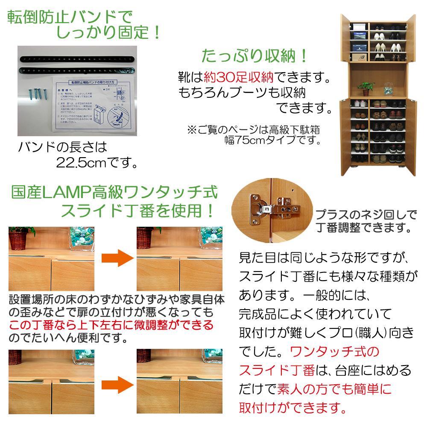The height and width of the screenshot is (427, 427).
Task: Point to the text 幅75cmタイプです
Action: pos(273,140)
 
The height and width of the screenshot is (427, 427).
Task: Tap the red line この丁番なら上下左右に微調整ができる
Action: pos(111,326)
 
